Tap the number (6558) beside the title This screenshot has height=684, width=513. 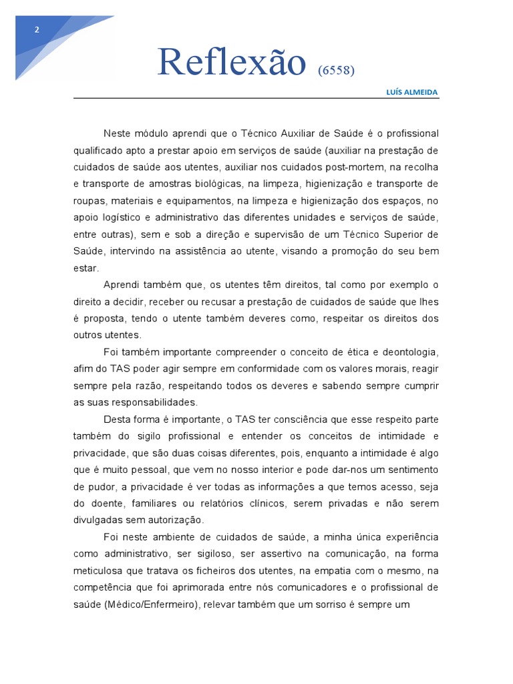pos(337,70)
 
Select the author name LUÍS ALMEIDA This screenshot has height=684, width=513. pos(412,92)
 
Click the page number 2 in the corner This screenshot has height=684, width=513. pos(37,29)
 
